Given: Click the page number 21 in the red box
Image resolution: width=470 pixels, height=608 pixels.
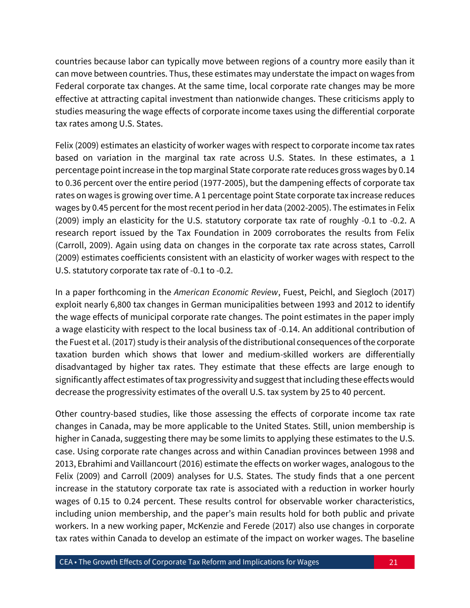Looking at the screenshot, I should [x=393, y=562].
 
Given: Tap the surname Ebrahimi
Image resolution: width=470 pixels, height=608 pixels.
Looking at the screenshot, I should [x=95, y=464].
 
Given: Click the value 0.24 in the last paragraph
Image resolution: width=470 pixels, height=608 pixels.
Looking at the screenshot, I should [x=127, y=501].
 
